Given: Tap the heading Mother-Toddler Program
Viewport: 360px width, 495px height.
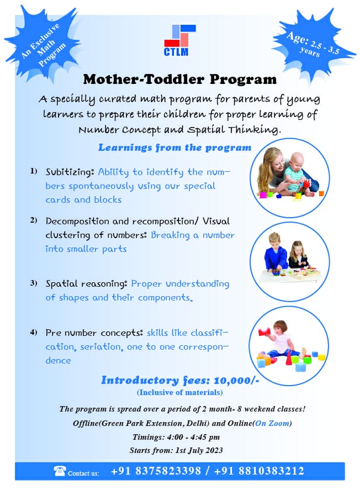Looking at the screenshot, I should point(179,79).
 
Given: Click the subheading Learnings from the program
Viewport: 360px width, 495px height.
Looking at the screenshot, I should point(174,148).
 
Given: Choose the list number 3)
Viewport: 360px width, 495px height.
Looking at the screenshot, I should point(34,283).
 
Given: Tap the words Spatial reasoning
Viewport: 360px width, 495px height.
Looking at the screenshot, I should point(87,283).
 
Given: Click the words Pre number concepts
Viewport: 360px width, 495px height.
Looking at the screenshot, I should point(94,333).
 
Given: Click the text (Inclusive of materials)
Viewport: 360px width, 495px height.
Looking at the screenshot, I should point(180,393).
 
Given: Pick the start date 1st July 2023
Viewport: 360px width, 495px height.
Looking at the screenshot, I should point(200,450).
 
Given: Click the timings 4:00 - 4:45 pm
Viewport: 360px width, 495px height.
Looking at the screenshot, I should point(197,436).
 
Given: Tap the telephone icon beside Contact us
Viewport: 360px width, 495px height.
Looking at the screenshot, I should point(59,471).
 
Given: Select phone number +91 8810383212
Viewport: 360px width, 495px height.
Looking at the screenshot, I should point(261,471).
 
